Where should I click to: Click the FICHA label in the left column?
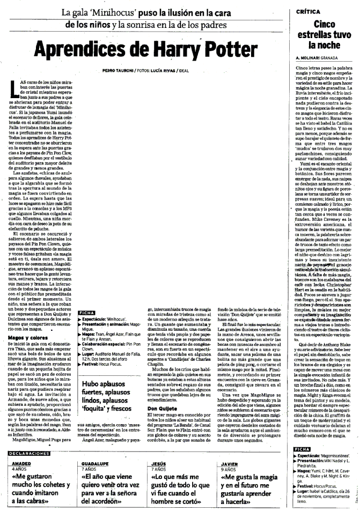click(x=86, y=312)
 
